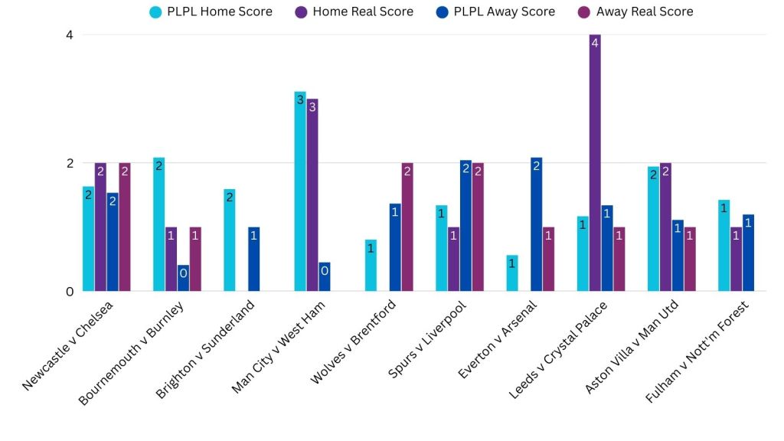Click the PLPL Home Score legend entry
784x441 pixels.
coord(211,11)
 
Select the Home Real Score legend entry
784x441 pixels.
coord(353,11)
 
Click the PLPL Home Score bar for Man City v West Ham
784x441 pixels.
coord(300,191)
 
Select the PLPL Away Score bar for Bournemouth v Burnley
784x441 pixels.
coord(183,278)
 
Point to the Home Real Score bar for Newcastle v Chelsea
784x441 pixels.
coord(100,227)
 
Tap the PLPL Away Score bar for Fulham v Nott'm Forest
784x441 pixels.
coord(748,253)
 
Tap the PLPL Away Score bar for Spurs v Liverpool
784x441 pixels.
coord(465,226)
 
